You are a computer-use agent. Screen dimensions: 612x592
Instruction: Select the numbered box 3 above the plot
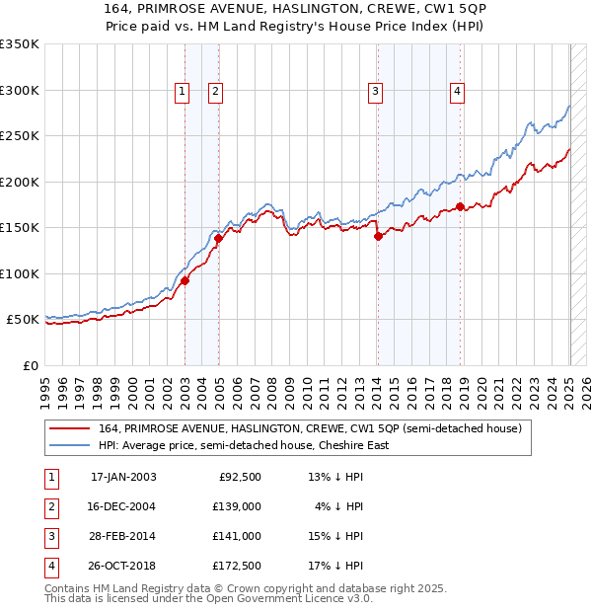point(376,93)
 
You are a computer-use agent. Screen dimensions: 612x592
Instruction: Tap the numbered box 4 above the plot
point(458,93)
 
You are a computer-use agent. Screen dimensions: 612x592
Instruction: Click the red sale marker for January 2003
point(185,281)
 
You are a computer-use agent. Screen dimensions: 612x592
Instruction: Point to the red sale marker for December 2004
point(218,238)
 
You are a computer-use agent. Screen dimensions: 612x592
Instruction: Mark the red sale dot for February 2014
point(378,236)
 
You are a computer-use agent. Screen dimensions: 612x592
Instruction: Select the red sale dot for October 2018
point(461,207)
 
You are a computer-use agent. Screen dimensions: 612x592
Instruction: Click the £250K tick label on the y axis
point(20,136)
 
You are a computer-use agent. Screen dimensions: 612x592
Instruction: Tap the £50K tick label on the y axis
point(23,320)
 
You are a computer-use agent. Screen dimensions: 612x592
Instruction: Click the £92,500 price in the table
point(240,477)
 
